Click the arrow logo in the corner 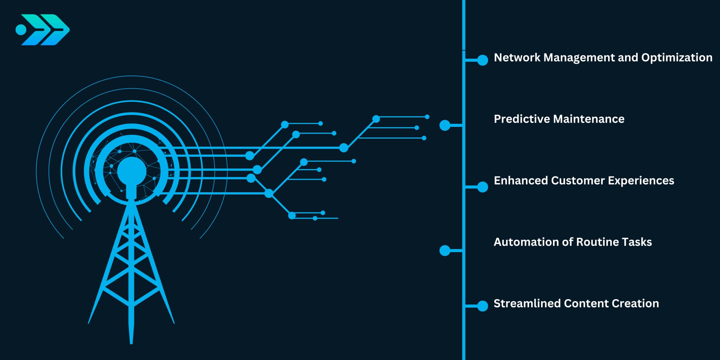point(43,30)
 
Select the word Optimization point(676,58)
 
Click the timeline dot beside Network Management point(483,60)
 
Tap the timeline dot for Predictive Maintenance point(445,125)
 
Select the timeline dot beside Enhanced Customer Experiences point(483,187)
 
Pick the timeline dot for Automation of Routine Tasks point(445,251)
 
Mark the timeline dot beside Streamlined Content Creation point(483,306)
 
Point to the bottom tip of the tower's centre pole point(131,342)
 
